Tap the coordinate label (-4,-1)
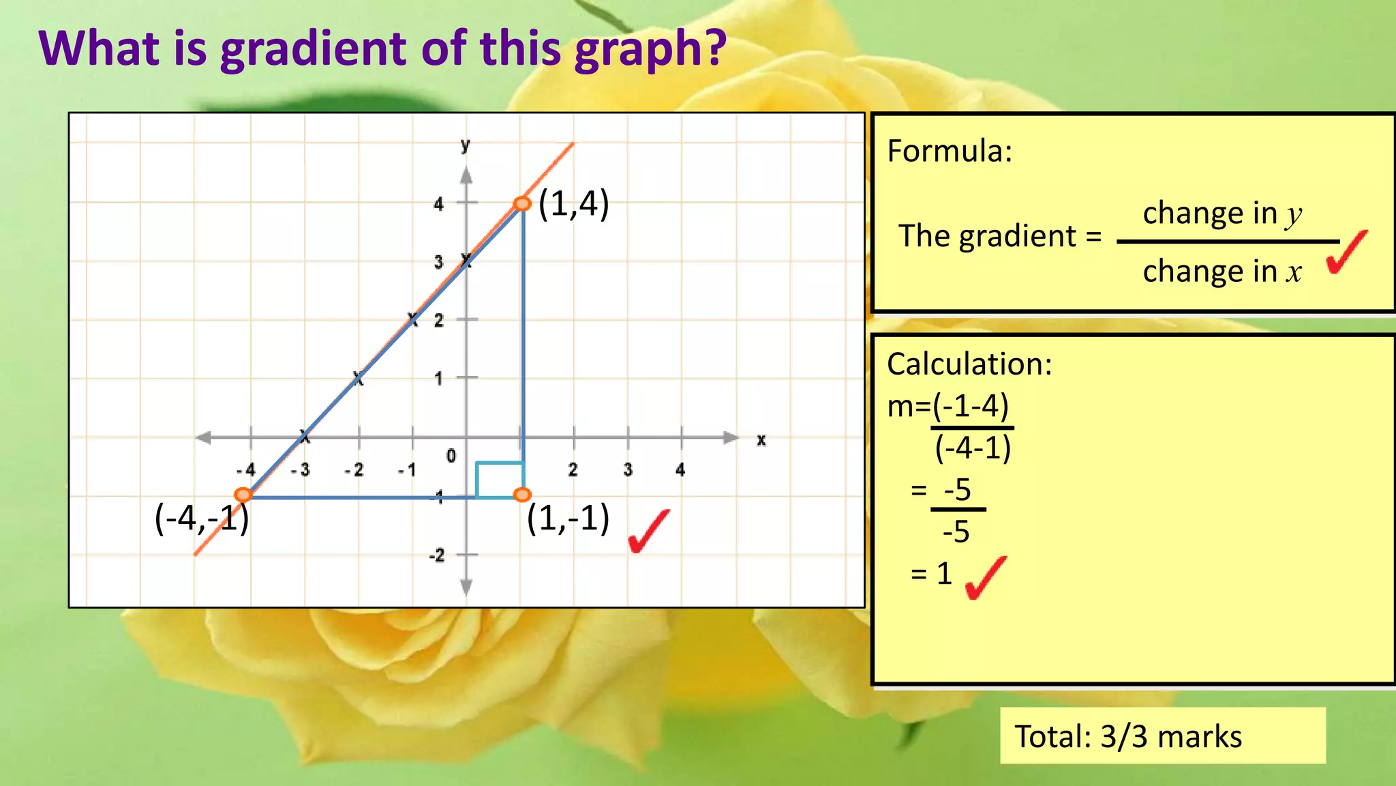[202, 519]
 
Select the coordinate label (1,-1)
[568, 519]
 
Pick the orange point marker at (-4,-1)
[243, 495]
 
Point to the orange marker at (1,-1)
[522, 495]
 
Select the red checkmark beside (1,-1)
[648, 531]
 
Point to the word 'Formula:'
[950, 151]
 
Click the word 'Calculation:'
[969, 364]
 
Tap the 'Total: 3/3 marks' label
[1128, 737]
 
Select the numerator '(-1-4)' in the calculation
[971, 407]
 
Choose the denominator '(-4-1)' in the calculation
[973, 448]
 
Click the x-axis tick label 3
[627, 469]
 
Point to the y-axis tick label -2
[437, 555]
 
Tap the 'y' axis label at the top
[466, 145]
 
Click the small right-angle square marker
[500, 480]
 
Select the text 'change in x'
[1222, 272]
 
